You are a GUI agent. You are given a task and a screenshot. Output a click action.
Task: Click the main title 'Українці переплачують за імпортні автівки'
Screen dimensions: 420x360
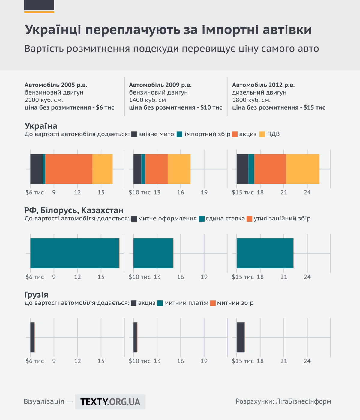click(168, 30)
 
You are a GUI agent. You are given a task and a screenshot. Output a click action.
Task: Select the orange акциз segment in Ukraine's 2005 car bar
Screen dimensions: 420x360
click(69, 169)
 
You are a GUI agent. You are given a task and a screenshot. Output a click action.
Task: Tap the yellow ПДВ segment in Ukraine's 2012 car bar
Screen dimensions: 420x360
click(302, 169)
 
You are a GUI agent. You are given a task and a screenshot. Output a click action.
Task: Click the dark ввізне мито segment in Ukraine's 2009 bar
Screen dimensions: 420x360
click(137, 169)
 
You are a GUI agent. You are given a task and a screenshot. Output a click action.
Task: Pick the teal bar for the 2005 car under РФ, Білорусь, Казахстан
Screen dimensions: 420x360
click(75, 253)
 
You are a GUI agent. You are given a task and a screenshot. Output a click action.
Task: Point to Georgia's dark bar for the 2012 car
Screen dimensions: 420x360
click(240, 337)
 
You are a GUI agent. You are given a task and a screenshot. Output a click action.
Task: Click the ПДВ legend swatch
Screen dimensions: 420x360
click(262, 134)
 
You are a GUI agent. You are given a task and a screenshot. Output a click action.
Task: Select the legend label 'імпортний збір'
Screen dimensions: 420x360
click(207, 134)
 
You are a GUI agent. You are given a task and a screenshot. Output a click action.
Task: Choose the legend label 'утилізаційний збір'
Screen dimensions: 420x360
click(282, 219)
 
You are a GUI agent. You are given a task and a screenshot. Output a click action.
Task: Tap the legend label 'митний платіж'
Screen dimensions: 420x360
click(186, 303)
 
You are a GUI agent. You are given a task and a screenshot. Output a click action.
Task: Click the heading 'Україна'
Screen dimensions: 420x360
click(41, 126)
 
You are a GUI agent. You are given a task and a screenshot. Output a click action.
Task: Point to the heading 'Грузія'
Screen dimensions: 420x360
click(36, 295)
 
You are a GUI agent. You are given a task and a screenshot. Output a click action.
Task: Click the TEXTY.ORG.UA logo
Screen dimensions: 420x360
click(110, 402)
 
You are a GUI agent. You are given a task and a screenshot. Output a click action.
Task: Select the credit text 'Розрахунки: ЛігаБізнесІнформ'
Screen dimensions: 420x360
click(283, 401)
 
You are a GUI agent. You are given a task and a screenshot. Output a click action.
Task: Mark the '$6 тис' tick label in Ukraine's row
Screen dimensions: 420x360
click(35, 193)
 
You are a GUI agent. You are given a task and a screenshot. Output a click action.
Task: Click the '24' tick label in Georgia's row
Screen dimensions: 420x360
click(307, 361)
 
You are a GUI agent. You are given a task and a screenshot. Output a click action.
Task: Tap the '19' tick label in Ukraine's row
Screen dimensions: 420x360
click(204, 193)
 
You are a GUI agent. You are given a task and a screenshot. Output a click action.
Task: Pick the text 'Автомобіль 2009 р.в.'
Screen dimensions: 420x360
click(160, 85)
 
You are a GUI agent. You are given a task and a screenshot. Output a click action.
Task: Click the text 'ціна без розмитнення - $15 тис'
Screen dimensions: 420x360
click(279, 107)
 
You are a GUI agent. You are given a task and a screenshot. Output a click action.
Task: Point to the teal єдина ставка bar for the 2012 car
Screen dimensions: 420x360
click(265, 253)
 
